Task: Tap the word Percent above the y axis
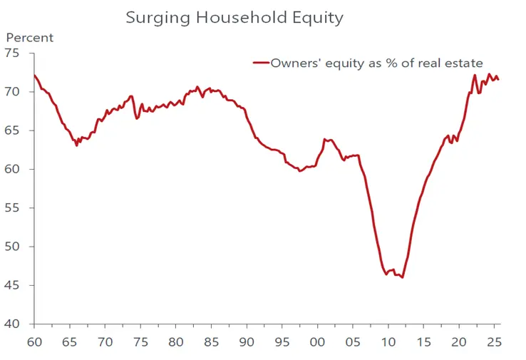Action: pos(30,38)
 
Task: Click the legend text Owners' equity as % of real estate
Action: pos(376,63)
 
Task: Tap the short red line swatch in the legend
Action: pos(260,63)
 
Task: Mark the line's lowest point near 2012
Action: pos(403,277)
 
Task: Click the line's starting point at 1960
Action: pos(34,75)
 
